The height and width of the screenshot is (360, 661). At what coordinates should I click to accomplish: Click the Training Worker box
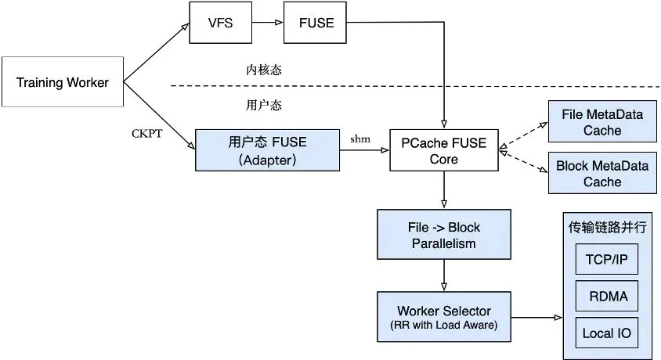coord(63,81)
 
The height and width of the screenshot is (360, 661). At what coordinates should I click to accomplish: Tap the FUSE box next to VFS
coord(316,23)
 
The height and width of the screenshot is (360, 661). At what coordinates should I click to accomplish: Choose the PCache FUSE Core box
coord(444,150)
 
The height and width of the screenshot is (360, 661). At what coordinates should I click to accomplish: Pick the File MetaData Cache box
coord(602,123)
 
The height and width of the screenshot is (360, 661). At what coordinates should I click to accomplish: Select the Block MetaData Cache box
coord(602,174)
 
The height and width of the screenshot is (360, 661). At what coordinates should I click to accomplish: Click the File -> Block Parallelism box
coord(444,236)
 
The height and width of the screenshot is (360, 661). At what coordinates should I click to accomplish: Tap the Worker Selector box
coord(444,316)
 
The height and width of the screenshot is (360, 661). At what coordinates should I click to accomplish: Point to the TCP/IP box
coord(606,258)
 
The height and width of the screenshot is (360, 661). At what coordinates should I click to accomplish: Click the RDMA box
coord(606,296)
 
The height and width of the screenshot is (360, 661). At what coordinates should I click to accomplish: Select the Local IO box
coord(606,333)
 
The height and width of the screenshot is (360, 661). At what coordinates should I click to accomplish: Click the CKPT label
coord(146,133)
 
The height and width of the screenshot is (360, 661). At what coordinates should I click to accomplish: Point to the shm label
coord(359,139)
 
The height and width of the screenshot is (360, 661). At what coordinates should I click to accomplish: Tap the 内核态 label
coord(263,70)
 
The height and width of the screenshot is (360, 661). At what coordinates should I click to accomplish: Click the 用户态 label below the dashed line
coord(263,103)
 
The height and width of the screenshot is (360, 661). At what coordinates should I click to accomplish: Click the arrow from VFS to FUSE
coord(269,23)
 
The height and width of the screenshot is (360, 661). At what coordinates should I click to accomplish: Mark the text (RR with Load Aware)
coord(444,325)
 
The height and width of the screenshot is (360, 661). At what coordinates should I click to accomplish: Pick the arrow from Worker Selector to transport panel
coord(536,317)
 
